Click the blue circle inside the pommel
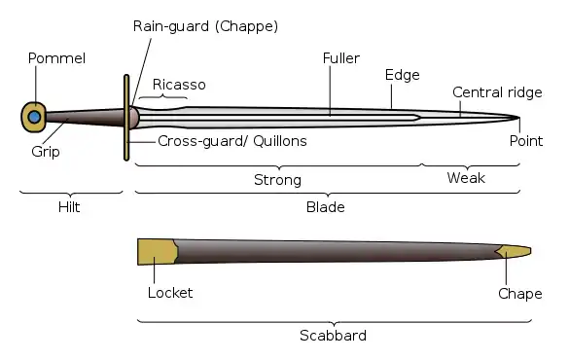[x=34, y=117]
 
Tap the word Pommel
[x=56, y=58]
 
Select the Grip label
[x=46, y=152]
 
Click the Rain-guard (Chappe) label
[x=205, y=26]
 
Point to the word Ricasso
[x=179, y=85]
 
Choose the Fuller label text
[x=341, y=58]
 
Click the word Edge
[x=402, y=75]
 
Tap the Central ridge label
[x=497, y=92]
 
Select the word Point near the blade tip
[x=526, y=141]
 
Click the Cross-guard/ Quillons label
[x=232, y=141]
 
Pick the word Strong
[x=277, y=180]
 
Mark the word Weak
[x=466, y=178]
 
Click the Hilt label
[x=69, y=207]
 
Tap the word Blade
[x=326, y=207]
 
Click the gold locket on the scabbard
[x=158, y=251]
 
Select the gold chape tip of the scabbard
[x=514, y=251]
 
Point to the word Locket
[x=170, y=293]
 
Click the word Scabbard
[x=333, y=336]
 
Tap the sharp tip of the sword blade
[x=519, y=117]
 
